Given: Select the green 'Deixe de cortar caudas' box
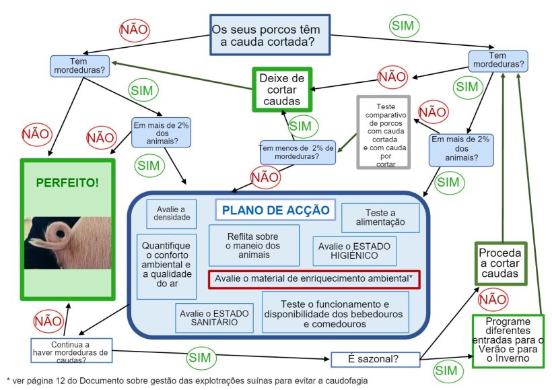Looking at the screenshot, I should pyautogui.click(x=283, y=90).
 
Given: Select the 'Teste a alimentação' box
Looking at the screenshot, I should pyautogui.click(x=380, y=217).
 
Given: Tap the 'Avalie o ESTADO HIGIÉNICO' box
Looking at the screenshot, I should pyautogui.click(x=355, y=251).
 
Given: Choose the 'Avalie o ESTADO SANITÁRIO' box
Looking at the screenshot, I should pyautogui.click(x=214, y=318).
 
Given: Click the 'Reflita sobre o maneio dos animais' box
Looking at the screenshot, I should pyautogui.click(x=254, y=245).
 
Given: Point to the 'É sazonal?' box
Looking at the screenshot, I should pyautogui.click(x=375, y=359).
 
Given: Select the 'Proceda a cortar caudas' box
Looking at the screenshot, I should pyautogui.click(x=500, y=263).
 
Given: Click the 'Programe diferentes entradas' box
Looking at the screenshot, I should pyautogui.click(x=508, y=341).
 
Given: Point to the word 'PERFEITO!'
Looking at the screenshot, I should pyautogui.click(x=67, y=182).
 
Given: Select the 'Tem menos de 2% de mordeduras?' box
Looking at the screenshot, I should pyautogui.click(x=298, y=152).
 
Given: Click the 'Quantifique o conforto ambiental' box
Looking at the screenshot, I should pyautogui.click(x=167, y=265).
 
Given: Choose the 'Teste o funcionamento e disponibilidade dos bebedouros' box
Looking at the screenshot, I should pyautogui.click(x=334, y=312).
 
